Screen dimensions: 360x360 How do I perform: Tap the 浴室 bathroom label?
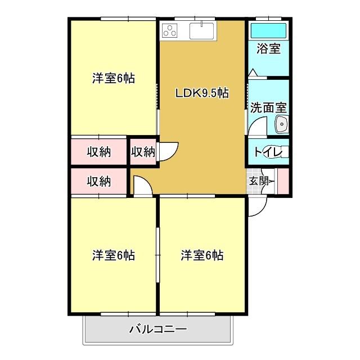[268, 48]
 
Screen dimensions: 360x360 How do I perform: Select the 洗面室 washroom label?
[268, 107]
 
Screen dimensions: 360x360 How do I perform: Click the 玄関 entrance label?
[259, 181]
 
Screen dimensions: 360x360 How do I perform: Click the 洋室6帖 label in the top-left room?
[114, 79]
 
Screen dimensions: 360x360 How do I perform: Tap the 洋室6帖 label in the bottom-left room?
[114, 255]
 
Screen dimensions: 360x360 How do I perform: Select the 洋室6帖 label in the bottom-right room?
[202, 255]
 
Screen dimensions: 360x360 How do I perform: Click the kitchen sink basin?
[200, 31]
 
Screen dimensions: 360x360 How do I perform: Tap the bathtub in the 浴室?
[268, 30]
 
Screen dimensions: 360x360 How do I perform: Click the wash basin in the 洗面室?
[281, 125]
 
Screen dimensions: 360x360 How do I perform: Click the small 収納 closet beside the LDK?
[143, 151]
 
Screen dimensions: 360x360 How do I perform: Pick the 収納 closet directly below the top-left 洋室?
[98, 151]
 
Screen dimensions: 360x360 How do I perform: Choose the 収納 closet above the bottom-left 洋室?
[98, 182]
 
